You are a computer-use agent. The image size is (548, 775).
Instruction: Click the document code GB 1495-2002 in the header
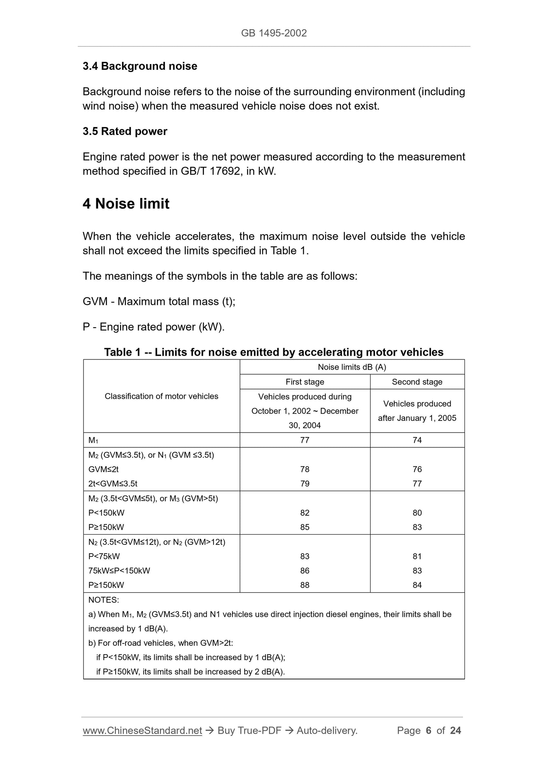[x=274, y=33]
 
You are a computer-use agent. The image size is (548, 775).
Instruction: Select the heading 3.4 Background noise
[x=140, y=66]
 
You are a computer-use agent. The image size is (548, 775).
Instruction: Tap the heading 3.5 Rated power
[x=125, y=131]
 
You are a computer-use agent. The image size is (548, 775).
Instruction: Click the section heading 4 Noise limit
[x=126, y=204]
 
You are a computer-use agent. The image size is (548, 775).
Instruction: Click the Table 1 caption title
[x=274, y=352]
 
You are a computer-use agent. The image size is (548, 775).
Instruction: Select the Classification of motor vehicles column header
[x=162, y=396]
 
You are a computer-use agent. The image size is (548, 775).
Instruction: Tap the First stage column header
[x=305, y=382]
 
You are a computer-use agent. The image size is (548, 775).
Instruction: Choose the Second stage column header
[x=417, y=382]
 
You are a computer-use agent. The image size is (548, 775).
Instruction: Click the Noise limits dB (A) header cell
[x=352, y=367]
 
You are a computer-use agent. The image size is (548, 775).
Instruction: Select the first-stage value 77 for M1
[x=305, y=440]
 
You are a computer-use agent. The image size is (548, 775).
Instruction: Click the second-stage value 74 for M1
[x=417, y=440]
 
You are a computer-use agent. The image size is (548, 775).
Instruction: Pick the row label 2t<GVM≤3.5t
[x=113, y=484]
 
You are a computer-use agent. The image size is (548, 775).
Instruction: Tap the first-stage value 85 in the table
[x=305, y=527]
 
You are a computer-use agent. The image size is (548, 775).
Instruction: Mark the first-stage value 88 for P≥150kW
[x=305, y=585]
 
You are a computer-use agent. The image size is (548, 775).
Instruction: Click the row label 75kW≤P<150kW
[x=119, y=571]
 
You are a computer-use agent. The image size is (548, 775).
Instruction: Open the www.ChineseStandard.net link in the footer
[x=142, y=731]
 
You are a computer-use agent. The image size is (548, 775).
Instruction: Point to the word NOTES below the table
[x=103, y=600]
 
